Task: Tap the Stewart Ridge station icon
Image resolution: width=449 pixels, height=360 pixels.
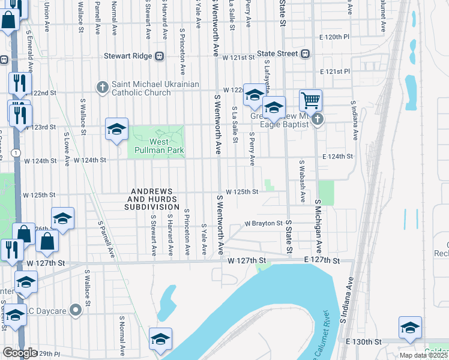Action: [x=160, y=56]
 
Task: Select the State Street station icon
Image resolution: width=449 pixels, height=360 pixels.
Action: [x=306, y=54]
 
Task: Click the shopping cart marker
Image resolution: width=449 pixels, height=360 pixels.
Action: [x=310, y=100]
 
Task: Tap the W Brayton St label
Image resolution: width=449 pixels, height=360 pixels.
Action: [x=264, y=223]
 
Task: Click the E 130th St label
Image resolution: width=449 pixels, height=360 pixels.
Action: [x=366, y=341]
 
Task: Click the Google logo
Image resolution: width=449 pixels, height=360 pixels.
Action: [x=20, y=353]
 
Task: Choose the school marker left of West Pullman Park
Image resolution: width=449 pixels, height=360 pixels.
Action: [x=116, y=129]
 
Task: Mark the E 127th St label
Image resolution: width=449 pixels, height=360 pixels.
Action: [x=322, y=260]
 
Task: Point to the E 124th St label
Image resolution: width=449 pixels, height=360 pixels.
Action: [x=336, y=156]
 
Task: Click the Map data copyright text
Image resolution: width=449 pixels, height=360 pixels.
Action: [x=424, y=355]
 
